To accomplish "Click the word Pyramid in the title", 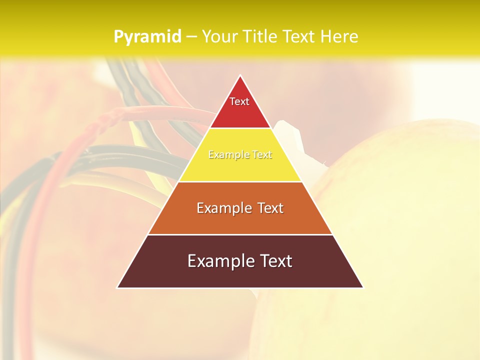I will click(x=147, y=36).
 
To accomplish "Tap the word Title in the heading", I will click(x=259, y=36).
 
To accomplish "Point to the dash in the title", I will click(x=191, y=37).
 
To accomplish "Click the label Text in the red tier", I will click(x=239, y=101).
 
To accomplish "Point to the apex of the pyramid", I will click(x=240, y=76).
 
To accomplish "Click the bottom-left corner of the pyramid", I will click(x=118, y=287).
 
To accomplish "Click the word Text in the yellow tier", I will click(x=261, y=155).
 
